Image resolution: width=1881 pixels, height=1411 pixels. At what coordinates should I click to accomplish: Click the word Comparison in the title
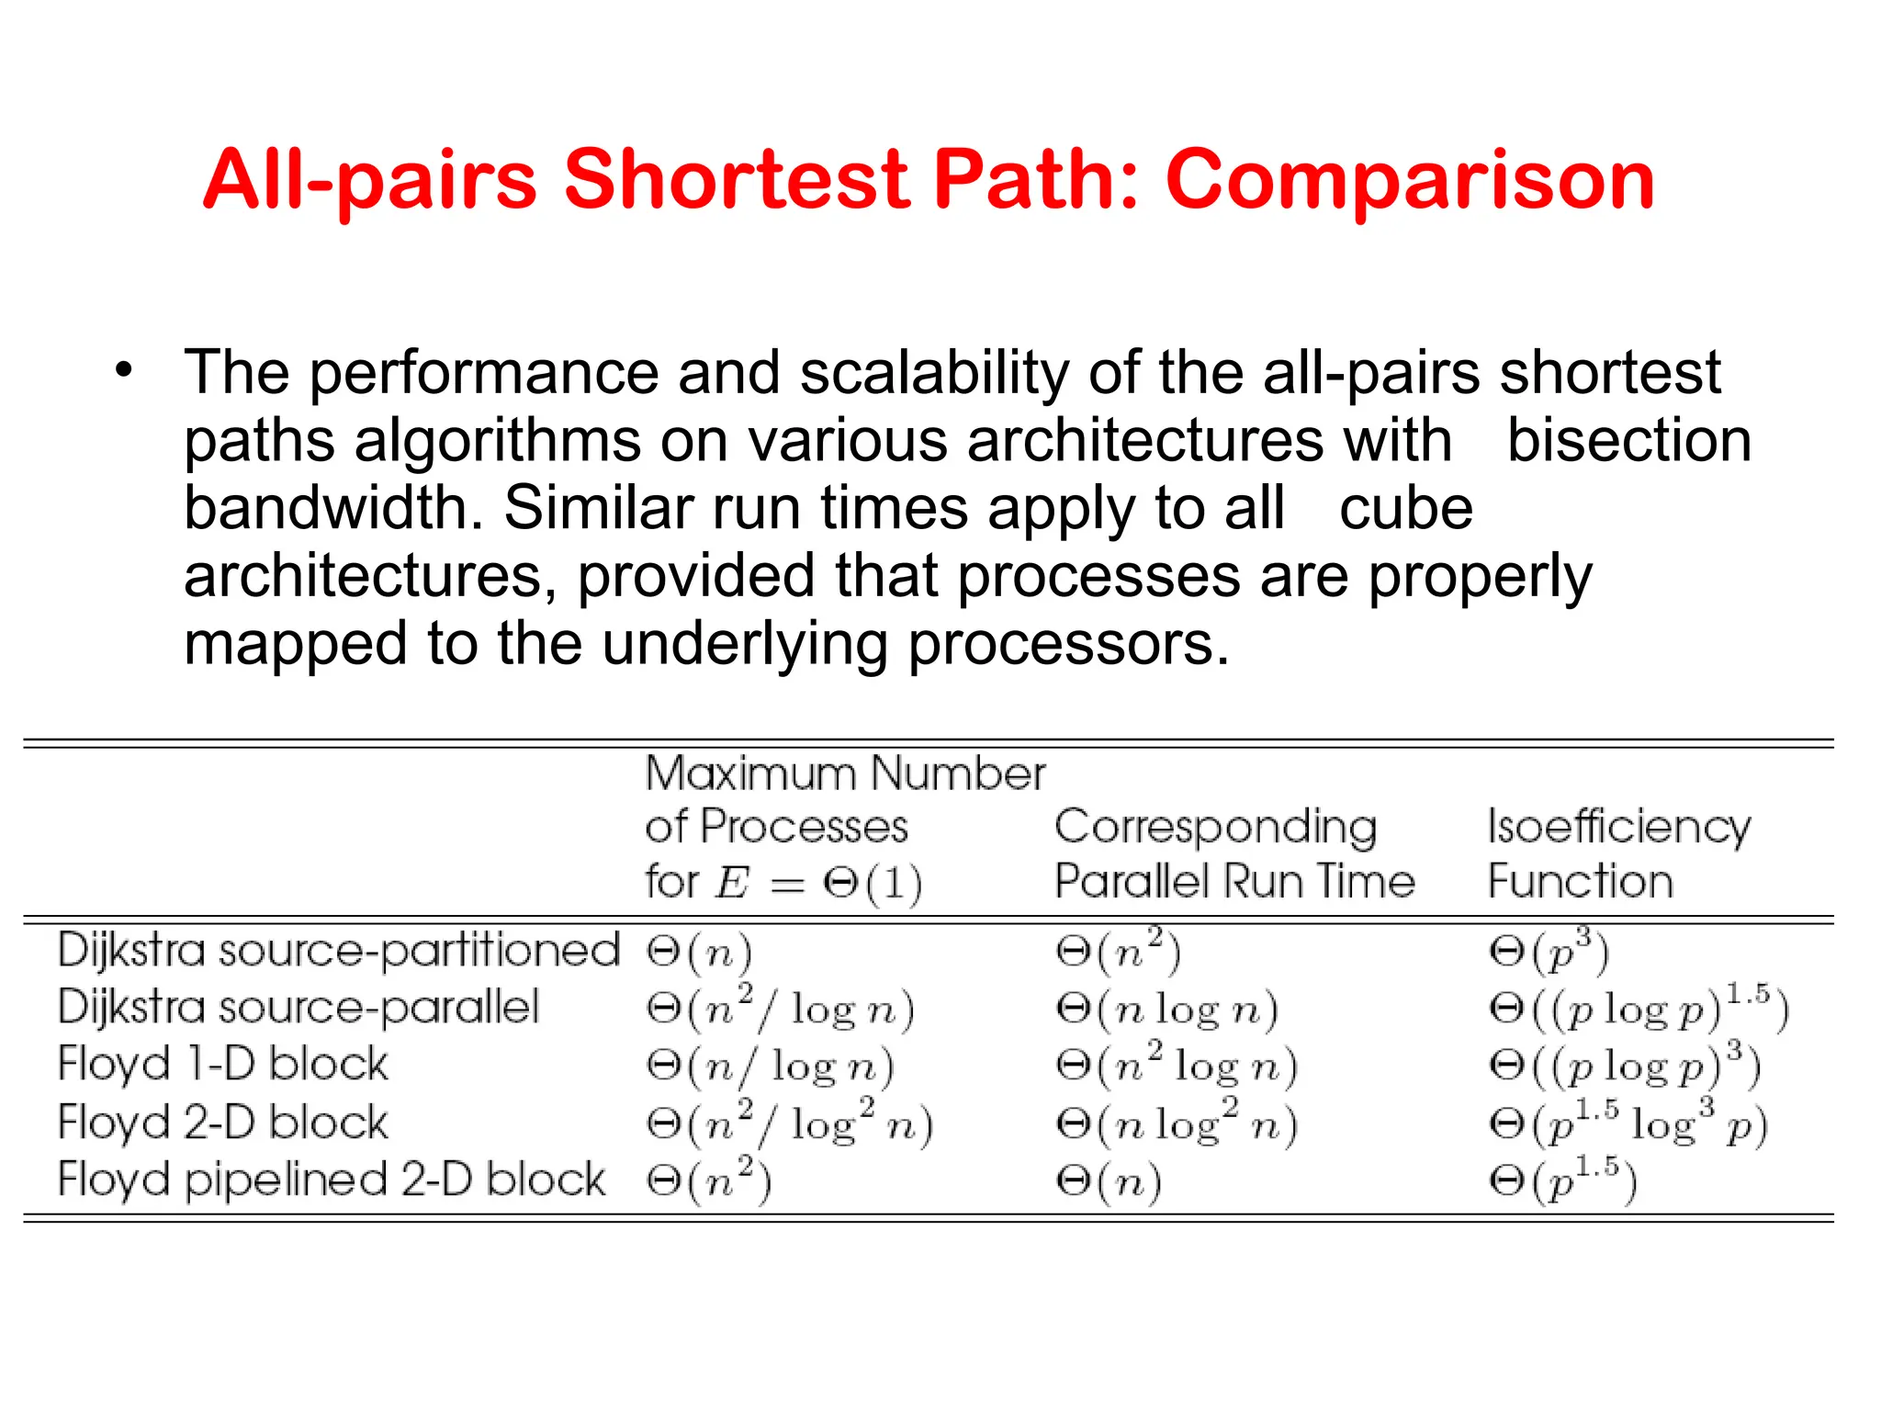click(x=1410, y=181)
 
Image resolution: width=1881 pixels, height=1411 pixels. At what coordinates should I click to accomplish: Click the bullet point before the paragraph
click(x=124, y=371)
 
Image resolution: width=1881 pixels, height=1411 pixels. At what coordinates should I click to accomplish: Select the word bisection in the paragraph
click(x=1628, y=440)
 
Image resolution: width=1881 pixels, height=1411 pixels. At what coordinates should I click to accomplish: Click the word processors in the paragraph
click(x=1068, y=644)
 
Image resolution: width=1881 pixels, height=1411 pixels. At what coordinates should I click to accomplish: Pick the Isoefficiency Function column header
click(x=1618, y=853)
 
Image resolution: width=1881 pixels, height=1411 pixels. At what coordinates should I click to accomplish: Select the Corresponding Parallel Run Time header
click(x=1234, y=853)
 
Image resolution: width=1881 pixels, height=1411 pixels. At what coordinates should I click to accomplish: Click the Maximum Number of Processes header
click(x=845, y=827)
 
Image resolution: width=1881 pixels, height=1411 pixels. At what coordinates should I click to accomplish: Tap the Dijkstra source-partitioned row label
click(x=339, y=950)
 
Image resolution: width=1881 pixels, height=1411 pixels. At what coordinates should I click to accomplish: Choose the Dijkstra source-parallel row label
click(x=298, y=1008)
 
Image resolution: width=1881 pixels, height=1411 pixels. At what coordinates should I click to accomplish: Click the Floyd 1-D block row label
click(x=223, y=1065)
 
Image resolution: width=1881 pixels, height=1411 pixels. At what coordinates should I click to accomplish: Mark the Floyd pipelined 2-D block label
click(x=332, y=1180)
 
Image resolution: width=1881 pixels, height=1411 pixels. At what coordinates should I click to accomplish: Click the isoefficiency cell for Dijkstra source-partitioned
click(x=1549, y=952)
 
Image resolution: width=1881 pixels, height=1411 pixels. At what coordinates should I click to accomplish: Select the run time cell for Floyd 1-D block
click(x=1177, y=1066)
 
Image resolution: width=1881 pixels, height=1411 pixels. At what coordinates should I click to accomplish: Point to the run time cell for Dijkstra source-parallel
click(x=1166, y=1009)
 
